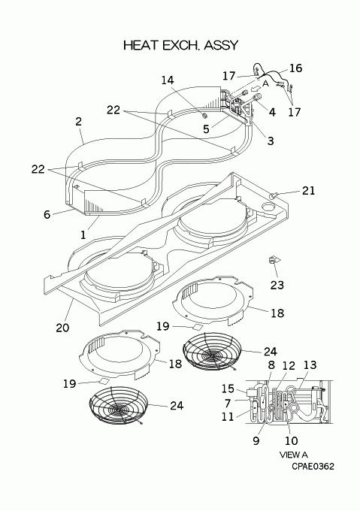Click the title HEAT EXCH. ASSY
coord(181,45)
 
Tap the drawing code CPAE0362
coord(313,467)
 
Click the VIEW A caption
coord(293,455)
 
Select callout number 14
coord(168,80)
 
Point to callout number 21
coord(309,190)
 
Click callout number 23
coord(277,285)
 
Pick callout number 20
coord(62,327)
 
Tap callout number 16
coord(295,68)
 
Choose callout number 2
coord(78,122)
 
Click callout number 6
coord(47,214)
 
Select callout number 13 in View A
coord(310,364)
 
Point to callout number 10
coord(292,440)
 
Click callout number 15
coord(228,389)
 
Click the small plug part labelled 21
coord(273,195)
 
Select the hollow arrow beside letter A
coord(256,88)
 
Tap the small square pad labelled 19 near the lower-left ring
coord(104,381)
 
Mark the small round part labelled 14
coord(204,116)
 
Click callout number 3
coord(271,141)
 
